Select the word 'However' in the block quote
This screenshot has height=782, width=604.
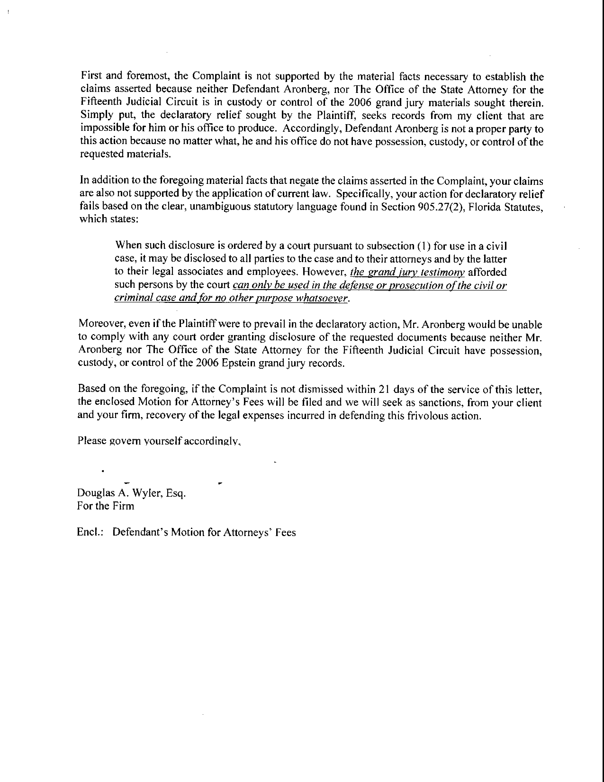(324, 272)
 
